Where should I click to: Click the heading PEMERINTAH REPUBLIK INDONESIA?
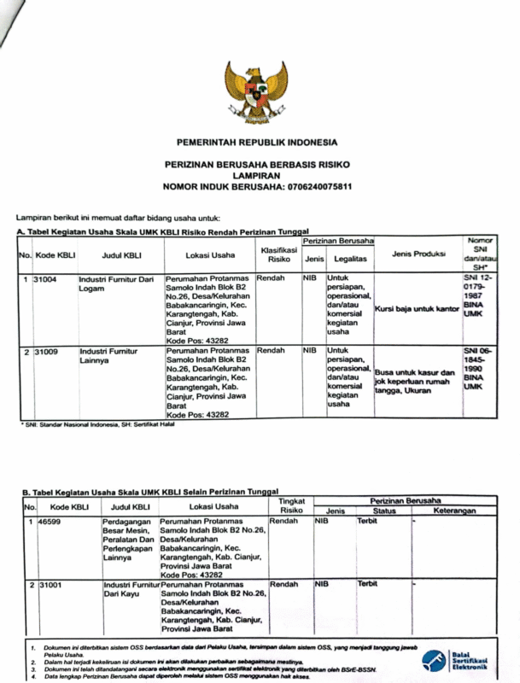[x=257, y=142]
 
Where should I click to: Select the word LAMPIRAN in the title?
[x=257, y=174]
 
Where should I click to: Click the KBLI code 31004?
[x=44, y=279]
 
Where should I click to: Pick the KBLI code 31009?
[x=44, y=351]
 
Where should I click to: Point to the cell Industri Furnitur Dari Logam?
[x=116, y=283]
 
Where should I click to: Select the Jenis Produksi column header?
[x=418, y=254]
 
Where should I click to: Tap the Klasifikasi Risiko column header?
[x=278, y=254]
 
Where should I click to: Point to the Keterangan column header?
[x=453, y=510]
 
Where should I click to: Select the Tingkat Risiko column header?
[x=292, y=505]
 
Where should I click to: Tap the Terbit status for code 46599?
[x=368, y=520]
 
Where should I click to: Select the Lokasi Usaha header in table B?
[x=213, y=506]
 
